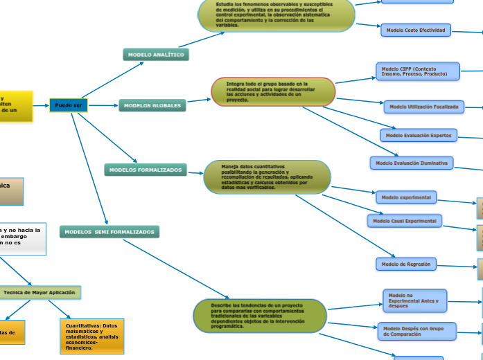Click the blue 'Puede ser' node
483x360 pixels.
(69, 105)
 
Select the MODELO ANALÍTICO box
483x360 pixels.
(156, 54)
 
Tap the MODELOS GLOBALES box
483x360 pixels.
(153, 106)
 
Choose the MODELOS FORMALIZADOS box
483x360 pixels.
(146, 170)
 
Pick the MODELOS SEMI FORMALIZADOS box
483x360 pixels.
(109, 232)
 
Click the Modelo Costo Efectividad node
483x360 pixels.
(416, 30)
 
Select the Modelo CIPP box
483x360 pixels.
(418, 71)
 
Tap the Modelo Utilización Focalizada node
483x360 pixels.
(423, 107)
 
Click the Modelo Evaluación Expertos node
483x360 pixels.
(419, 135)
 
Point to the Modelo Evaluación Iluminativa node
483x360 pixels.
(412, 163)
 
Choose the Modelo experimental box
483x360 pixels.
(406, 197)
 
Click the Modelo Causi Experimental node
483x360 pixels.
(405, 220)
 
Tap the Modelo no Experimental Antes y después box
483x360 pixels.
(415, 301)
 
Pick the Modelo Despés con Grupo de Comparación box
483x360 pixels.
(418, 331)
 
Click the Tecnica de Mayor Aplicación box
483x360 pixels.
(39, 293)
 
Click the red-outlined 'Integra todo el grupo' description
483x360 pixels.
(273, 91)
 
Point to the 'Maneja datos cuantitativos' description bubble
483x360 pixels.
(267, 177)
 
